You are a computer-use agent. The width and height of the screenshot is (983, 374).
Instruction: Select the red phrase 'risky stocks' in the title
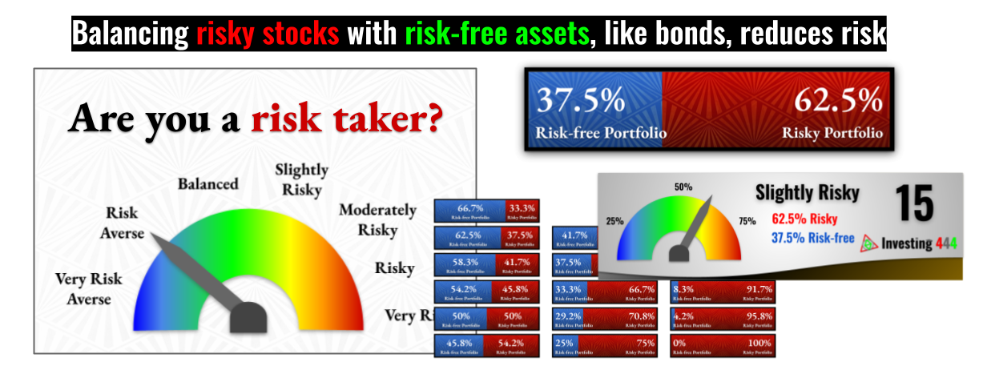(x=268, y=34)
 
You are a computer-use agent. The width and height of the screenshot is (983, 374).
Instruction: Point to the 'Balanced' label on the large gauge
(x=207, y=183)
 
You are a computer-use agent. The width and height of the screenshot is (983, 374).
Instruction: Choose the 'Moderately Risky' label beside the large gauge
(x=377, y=219)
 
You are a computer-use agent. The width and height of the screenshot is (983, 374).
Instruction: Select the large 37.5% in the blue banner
(x=580, y=102)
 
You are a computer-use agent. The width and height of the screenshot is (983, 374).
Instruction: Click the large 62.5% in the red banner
(x=838, y=102)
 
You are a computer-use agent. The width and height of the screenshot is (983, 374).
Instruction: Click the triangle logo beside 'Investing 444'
(x=868, y=243)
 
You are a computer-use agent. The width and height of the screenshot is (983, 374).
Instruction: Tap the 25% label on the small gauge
(x=614, y=221)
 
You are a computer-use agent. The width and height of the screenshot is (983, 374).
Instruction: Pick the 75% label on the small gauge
(x=747, y=221)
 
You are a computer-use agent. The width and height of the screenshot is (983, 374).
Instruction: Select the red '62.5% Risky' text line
(x=804, y=218)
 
